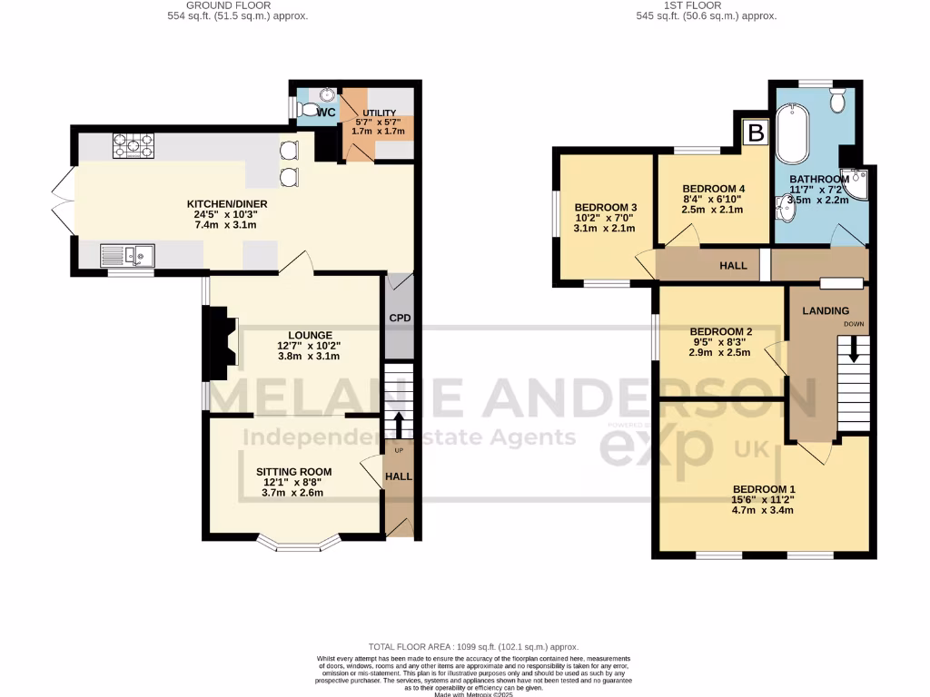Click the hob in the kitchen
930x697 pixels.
point(133,145)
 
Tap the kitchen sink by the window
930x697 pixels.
point(128,255)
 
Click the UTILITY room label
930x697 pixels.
point(374,113)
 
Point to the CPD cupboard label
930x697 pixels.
point(399,319)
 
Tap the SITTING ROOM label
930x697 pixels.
point(293,472)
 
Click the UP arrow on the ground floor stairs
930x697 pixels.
point(398,424)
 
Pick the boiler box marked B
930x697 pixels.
point(754,133)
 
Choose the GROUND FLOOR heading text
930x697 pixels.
point(236,5)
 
